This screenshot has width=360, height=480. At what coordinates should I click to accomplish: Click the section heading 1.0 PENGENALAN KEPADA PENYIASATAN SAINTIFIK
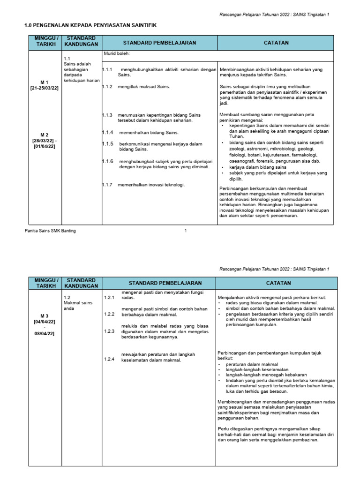tap(90, 25)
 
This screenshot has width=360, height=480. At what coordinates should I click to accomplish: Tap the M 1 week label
tap(45, 82)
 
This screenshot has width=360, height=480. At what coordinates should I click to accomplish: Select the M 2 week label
tap(45, 135)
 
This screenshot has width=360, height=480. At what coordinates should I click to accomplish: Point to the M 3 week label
tap(45, 316)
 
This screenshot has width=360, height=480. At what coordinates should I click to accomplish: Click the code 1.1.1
tap(108, 69)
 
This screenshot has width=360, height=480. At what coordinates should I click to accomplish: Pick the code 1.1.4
tap(108, 133)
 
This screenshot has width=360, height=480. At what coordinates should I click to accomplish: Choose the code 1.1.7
tap(108, 184)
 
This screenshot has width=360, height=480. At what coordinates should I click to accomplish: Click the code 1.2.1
tap(109, 298)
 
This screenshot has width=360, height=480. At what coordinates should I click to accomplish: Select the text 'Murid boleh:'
tap(116, 54)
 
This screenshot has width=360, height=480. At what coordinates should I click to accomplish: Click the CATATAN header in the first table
tap(276, 43)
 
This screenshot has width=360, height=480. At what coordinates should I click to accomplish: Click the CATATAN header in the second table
tap(278, 283)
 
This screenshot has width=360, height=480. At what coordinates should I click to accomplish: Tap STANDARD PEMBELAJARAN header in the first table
tap(159, 43)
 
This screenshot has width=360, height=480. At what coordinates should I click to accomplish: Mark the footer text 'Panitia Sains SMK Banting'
tap(50, 231)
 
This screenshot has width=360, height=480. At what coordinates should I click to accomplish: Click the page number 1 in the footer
tap(186, 231)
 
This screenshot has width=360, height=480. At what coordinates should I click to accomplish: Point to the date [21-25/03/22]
tap(45, 88)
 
